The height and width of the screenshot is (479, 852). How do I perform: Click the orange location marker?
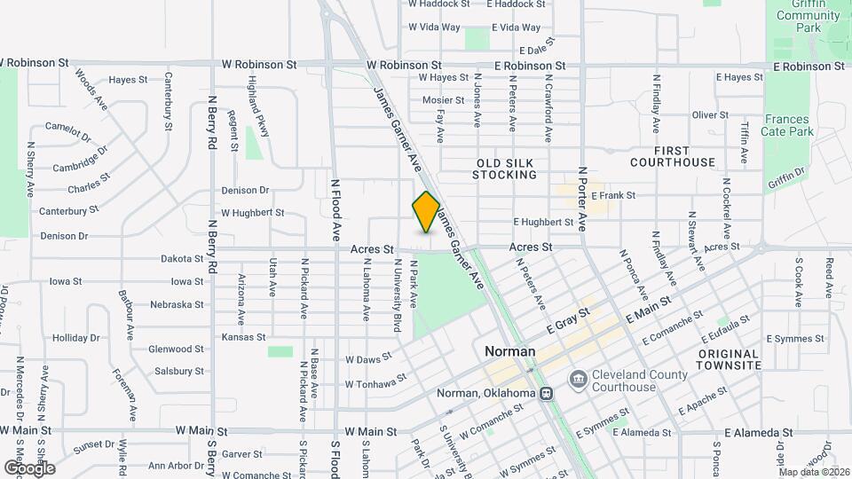click(x=427, y=212)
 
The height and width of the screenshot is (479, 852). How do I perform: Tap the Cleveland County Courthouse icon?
click(x=579, y=380)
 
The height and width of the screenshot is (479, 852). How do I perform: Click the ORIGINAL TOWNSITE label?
click(x=727, y=359)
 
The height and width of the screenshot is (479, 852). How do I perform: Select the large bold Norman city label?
click(x=510, y=351)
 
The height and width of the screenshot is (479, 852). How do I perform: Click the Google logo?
click(x=29, y=467)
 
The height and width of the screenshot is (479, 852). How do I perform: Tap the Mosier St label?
click(x=443, y=100)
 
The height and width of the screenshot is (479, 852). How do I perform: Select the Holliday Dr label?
click(x=76, y=338)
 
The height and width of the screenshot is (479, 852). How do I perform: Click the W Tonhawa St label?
click(x=375, y=382)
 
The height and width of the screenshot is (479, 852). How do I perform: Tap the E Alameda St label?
click(x=758, y=433)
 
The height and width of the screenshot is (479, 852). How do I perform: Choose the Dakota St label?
click(x=182, y=259)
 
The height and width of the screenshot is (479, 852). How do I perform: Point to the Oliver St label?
click(x=710, y=115)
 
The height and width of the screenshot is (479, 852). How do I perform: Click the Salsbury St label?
click(x=176, y=372)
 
